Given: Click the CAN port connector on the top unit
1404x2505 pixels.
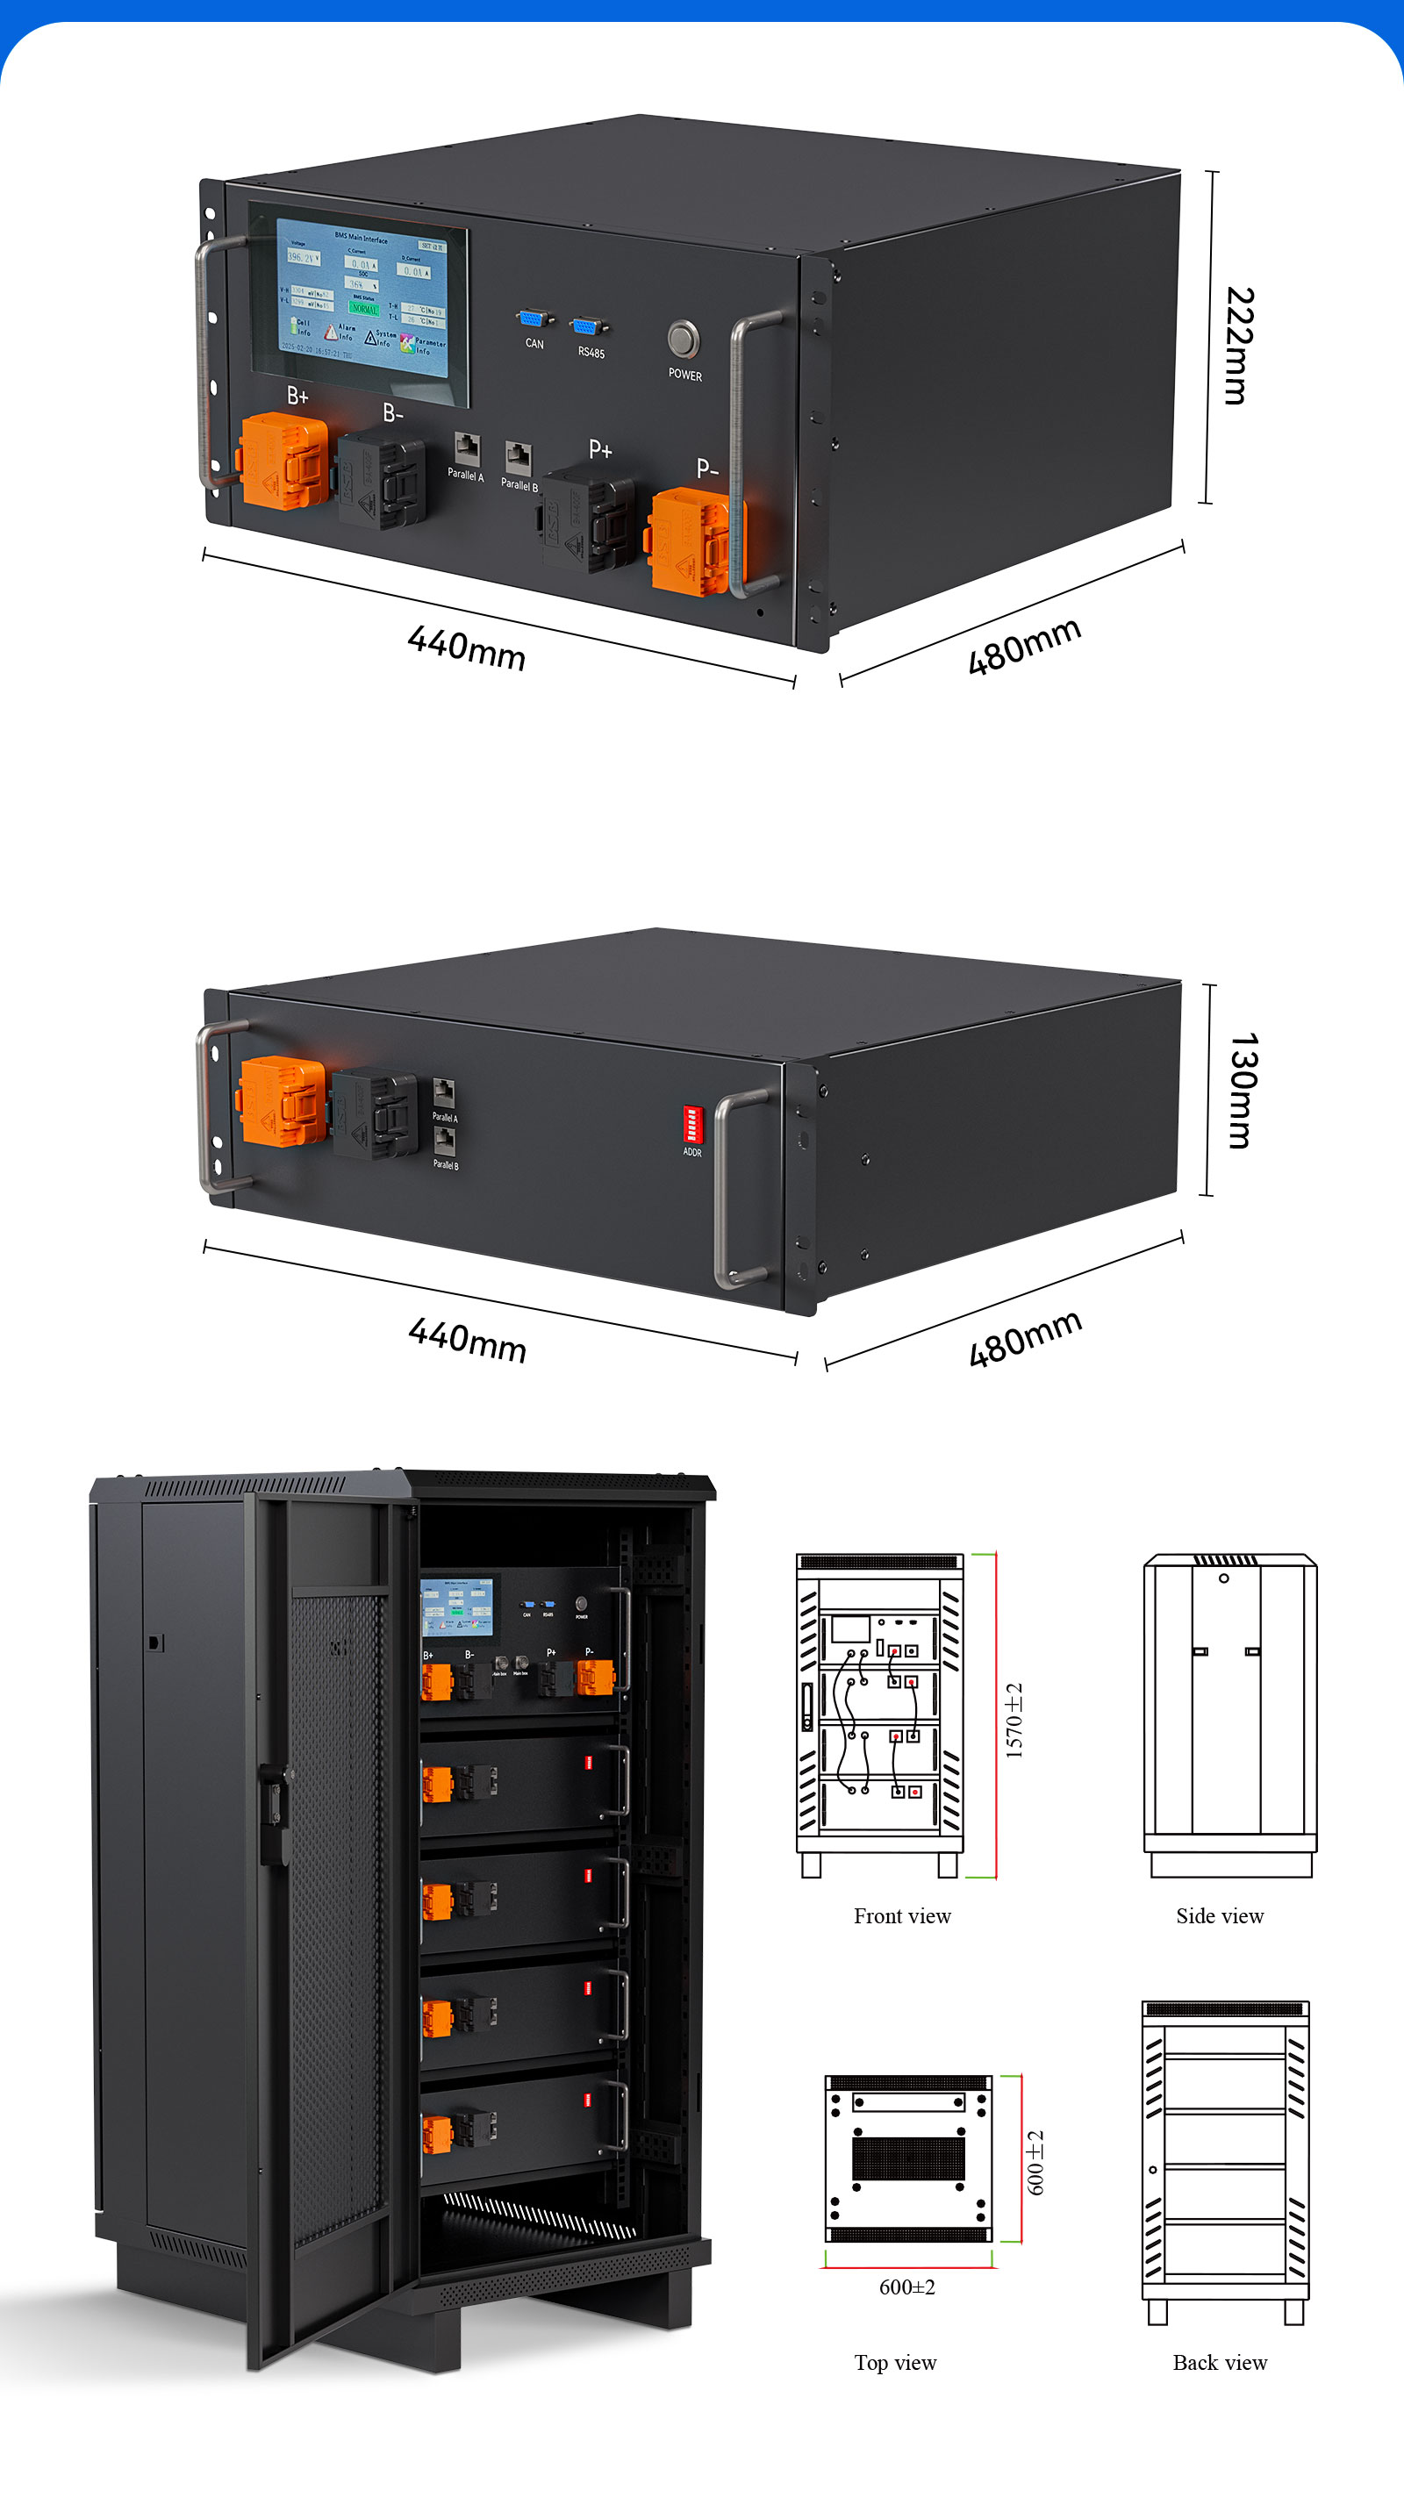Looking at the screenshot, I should pyautogui.click(x=533, y=319).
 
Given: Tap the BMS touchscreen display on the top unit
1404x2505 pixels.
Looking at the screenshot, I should pyautogui.click(x=361, y=300).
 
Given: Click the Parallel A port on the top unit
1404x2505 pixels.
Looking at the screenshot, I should pyautogui.click(x=468, y=448).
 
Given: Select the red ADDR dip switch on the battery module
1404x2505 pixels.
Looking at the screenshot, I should pyautogui.click(x=692, y=1125).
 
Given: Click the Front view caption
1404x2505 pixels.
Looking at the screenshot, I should pyautogui.click(x=901, y=1915).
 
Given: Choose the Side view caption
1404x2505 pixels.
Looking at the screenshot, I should pyautogui.click(x=1219, y=1915).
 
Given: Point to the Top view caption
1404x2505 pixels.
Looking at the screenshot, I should pyautogui.click(x=894, y=2362).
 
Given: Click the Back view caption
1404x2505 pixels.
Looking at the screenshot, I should pyautogui.click(x=1219, y=2362).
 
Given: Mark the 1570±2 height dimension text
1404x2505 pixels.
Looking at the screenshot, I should pyautogui.click(x=1014, y=1721).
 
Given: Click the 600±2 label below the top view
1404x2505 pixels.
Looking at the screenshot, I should pyautogui.click(x=906, y=2287).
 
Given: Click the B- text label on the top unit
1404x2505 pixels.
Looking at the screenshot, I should pyautogui.click(x=393, y=413).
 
